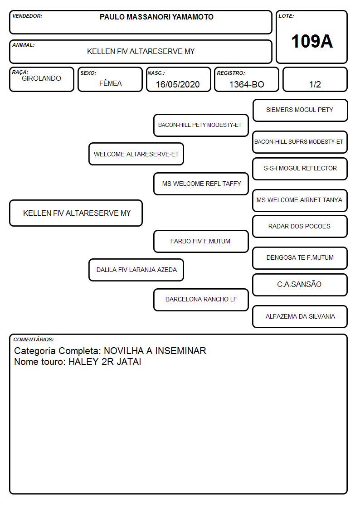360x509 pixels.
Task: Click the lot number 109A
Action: (x=311, y=41)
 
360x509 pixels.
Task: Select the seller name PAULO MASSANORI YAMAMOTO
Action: (x=156, y=17)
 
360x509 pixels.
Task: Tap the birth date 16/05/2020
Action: (x=178, y=84)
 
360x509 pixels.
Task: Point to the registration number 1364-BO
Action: (x=246, y=84)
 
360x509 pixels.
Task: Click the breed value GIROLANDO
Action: (x=41, y=78)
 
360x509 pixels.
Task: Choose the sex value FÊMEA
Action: (x=110, y=83)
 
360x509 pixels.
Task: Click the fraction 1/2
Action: (x=315, y=84)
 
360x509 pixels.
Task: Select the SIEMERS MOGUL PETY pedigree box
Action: (x=300, y=111)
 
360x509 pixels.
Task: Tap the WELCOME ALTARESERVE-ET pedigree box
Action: (x=136, y=154)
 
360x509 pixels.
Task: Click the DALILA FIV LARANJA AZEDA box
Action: (x=136, y=270)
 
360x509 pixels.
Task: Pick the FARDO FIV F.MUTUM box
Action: (x=201, y=241)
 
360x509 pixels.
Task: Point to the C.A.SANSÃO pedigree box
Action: (x=300, y=285)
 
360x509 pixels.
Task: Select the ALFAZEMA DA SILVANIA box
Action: (x=300, y=316)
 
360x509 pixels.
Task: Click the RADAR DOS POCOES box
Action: (x=300, y=226)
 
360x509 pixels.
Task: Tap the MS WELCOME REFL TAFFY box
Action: (x=201, y=184)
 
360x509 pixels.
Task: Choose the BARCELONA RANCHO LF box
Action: (x=201, y=300)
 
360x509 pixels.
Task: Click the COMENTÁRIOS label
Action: (x=34, y=339)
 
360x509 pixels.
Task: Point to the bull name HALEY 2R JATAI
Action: (x=105, y=362)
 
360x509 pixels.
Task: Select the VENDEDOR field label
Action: (x=27, y=16)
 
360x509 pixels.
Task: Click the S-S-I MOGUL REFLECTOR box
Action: (x=300, y=169)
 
